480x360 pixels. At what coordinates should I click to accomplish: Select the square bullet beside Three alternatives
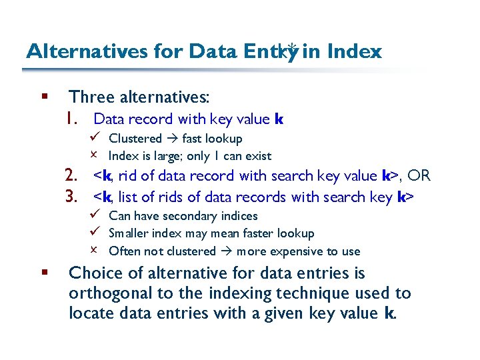pos(45,97)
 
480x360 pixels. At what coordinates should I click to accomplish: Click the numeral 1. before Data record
pos(74,119)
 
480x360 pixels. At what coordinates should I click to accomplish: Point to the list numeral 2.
pos(73,176)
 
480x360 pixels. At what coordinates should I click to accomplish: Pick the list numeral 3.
pos(73,197)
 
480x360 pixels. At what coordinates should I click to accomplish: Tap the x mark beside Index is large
pos(95,156)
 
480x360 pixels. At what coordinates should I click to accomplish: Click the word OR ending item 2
pos(419,176)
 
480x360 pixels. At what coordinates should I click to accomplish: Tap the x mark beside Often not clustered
pos(95,251)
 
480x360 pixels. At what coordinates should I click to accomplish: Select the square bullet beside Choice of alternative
pos(45,273)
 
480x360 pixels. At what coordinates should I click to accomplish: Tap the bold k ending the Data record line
pos(279,119)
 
